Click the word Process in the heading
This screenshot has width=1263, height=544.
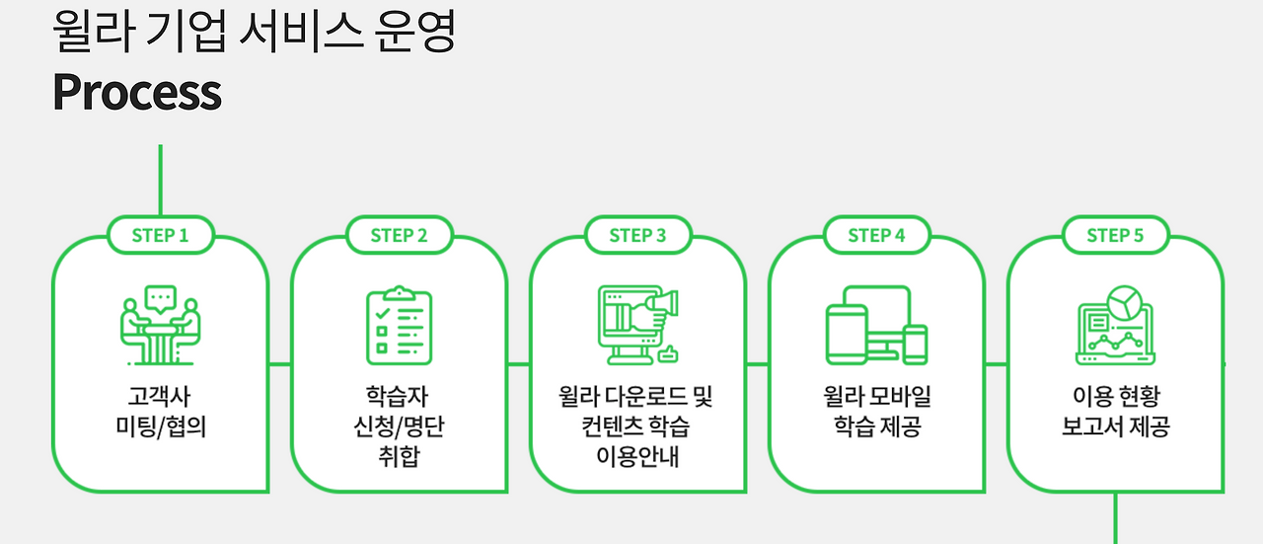pos(137,92)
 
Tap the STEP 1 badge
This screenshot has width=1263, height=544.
pos(160,235)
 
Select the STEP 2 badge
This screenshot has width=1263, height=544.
pos(399,235)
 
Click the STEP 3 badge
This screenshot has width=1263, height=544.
pos(637,235)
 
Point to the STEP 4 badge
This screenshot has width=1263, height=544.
pos(876,235)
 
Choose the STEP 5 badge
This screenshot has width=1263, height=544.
pos(1115,235)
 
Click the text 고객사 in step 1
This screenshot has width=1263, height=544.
pos(160,397)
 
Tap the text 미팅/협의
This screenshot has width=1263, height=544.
pos(160,427)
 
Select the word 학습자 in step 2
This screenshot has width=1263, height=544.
pos(399,397)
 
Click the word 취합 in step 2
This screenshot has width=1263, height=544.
pos(399,457)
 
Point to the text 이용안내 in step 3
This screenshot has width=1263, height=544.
pos(637,457)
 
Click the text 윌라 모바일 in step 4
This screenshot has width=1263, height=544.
pos(876,397)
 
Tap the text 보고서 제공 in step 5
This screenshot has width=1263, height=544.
pos(1115,427)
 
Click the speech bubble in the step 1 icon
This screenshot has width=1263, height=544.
pos(160,295)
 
